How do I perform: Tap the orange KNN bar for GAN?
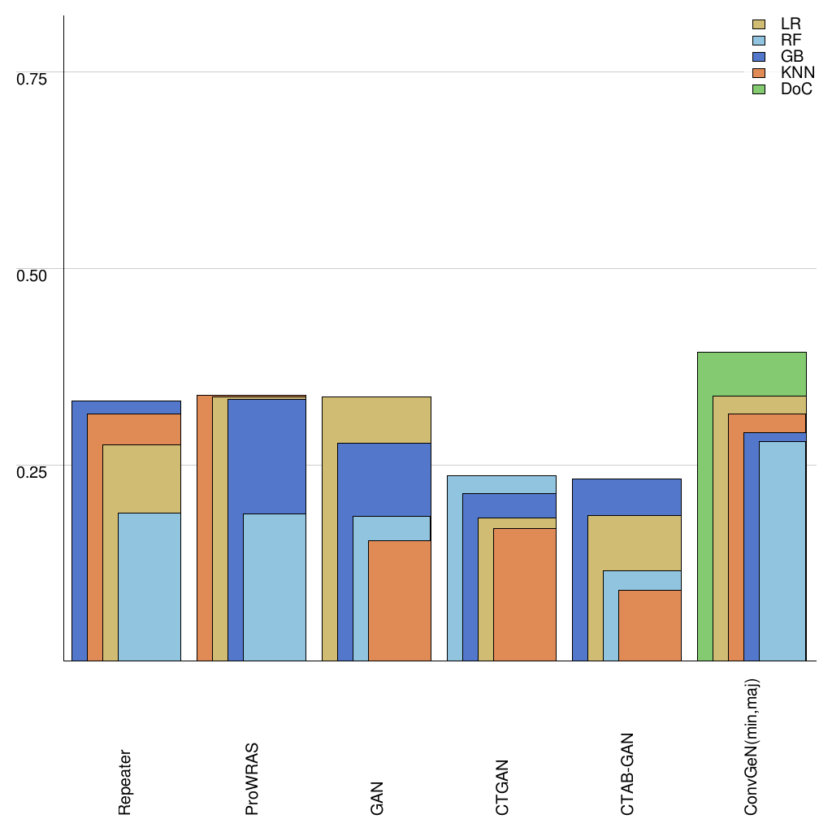pos(399,600)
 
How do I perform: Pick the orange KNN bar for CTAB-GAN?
pos(649,625)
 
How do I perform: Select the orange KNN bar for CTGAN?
pos(524,594)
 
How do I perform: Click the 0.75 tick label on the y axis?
pos(32,79)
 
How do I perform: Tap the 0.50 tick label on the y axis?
pos(32,275)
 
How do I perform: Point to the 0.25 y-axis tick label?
pos(32,472)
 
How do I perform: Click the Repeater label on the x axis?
pos(125,782)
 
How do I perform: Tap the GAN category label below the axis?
pos(377,799)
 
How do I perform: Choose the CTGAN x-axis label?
pos(502,787)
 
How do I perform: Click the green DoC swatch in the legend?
pos(760,89)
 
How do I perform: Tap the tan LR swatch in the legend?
pos(760,24)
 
